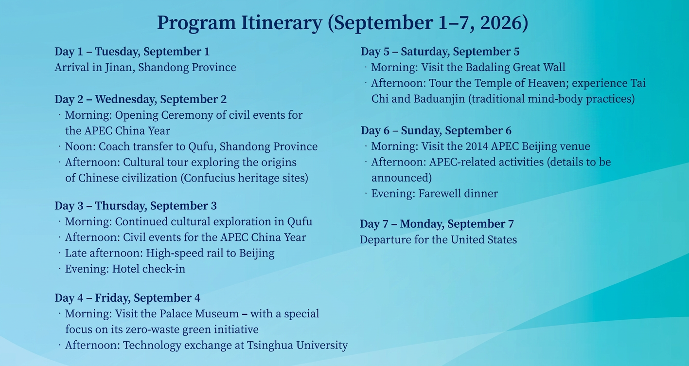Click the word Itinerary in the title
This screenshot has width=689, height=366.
(x=282, y=23)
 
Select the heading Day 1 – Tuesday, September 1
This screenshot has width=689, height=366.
(x=132, y=52)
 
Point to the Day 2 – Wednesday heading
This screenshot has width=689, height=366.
(x=141, y=99)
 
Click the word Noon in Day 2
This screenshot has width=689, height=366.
(x=79, y=146)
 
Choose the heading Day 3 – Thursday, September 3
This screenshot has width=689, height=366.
(x=136, y=205)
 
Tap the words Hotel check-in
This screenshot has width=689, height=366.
(x=149, y=269)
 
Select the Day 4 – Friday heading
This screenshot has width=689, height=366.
(x=127, y=298)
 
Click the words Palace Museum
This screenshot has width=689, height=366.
(x=199, y=313)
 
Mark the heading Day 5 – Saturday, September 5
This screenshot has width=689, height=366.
(x=440, y=52)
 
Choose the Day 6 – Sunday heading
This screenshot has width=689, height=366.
(x=436, y=130)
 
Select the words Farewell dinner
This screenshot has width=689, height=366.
(x=458, y=194)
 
